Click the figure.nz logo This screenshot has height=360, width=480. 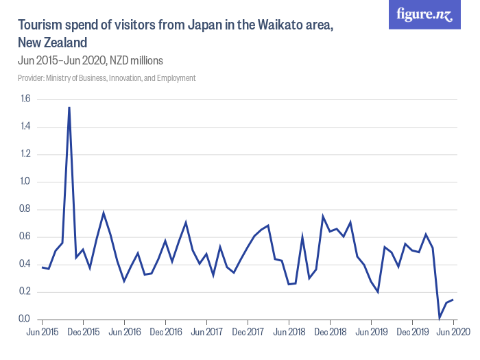pyautogui.click(x=425, y=14)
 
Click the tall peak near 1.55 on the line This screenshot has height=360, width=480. pyautogui.click(x=69, y=108)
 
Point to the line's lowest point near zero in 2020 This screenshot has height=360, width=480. pyautogui.click(x=440, y=317)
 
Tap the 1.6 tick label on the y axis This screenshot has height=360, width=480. pyautogui.click(x=25, y=99)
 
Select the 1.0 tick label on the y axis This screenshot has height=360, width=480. pyautogui.click(x=25, y=182)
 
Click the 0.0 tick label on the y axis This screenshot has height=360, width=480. pyautogui.click(x=25, y=320)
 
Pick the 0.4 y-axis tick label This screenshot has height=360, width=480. pyautogui.click(x=25, y=264)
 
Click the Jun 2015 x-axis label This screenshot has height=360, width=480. pyautogui.click(x=42, y=332)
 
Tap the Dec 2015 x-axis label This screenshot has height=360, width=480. pyautogui.click(x=83, y=332)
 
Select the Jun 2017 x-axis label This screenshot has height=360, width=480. pyautogui.click(x=206, y=332)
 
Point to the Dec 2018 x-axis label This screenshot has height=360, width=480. pyautogui.click(x=330, y=332)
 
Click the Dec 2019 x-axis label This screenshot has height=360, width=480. pyautogui.click(x=412, y=332)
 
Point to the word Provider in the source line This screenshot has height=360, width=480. pyautogui.click(x=30, y=78)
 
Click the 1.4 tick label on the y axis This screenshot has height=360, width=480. pyautogui.click(x=25, y=127)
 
